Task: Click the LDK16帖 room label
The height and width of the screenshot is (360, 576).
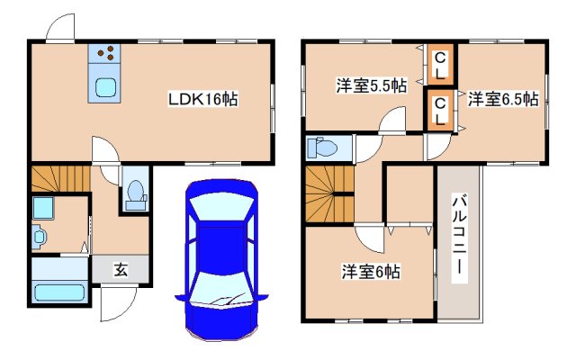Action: [202, 99]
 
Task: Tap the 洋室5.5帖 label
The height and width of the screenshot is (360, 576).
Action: [371, 86]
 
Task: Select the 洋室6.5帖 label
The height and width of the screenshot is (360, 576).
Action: [503, 99]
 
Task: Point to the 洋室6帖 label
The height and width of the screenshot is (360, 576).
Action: [370, 270]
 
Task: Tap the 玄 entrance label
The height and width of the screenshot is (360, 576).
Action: [119, 269]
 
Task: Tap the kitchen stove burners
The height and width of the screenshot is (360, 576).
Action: [105, 54]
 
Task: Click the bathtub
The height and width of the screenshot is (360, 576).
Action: [58, 292]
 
